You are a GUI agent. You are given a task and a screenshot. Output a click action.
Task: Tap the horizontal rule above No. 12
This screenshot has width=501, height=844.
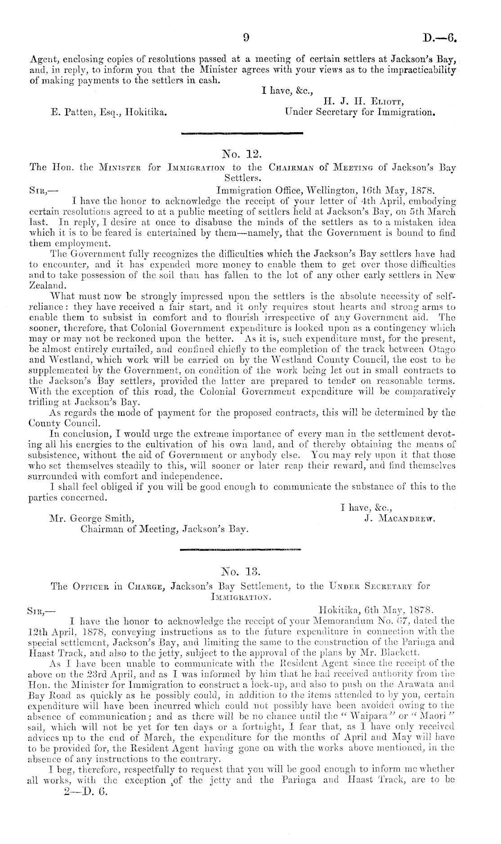242,133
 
